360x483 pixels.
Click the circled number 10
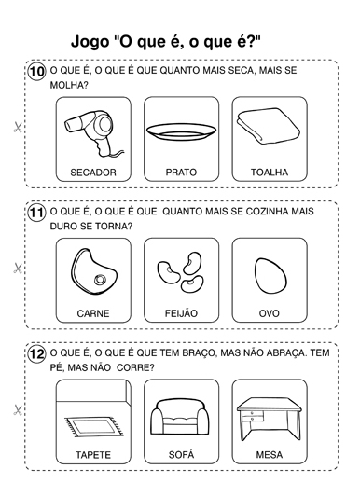(37, 72)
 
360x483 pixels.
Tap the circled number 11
(37, 213)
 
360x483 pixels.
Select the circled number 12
(37, 354)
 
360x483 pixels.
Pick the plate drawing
(181, 132)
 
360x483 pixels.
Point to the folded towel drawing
(268, 126)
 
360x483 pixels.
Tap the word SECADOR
(93, 172)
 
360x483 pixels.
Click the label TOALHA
(270, 172)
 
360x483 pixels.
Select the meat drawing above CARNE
(94, 271)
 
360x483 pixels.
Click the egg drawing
(270, 276)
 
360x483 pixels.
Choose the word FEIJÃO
(181, 312)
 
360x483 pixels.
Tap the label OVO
(270, 313)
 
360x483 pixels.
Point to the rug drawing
(94, 426)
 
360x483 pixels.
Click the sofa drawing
(181, 417)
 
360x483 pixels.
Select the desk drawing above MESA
(269, 419)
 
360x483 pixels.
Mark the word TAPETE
(93, 455)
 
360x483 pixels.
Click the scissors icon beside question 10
(18, 127)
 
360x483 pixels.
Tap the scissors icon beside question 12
(18, 410)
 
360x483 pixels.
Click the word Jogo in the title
(90, 42)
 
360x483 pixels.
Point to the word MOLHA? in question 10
(69, 85)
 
